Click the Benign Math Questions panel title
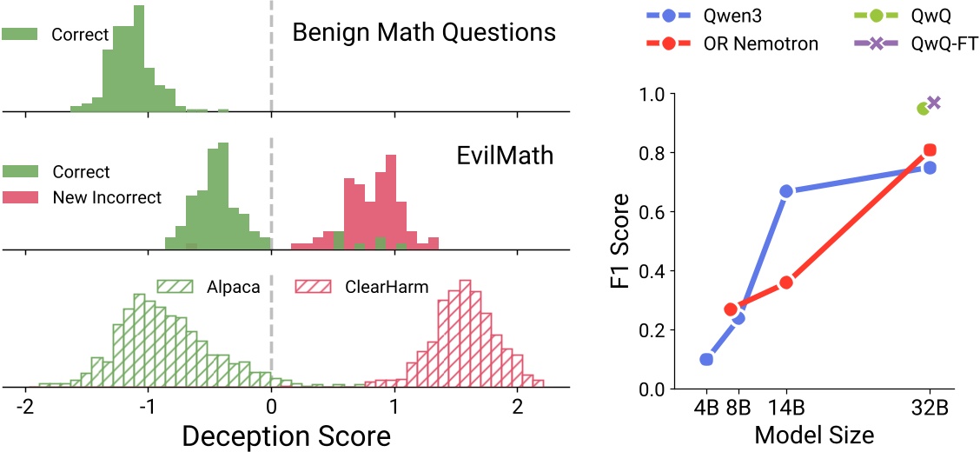(423, 33)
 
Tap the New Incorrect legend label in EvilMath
(107, 197)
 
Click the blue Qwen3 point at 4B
(706, 359)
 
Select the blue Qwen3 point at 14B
(786, 190)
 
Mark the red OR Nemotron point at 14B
(786, 282)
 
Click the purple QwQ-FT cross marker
(935, 103)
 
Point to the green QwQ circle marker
(923, 108)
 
